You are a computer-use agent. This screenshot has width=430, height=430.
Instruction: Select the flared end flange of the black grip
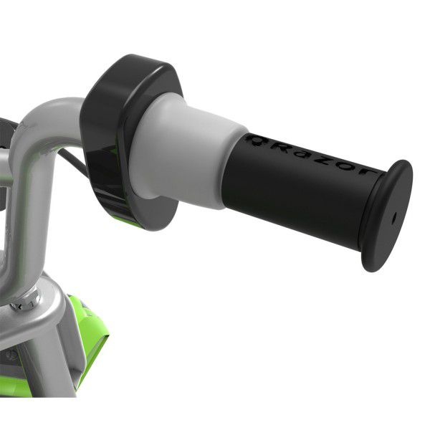pos(387,215)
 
